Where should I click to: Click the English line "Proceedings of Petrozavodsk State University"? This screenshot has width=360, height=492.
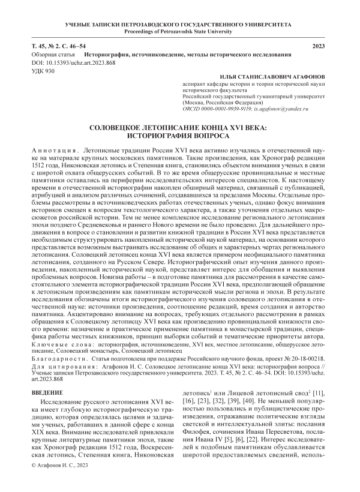point(179,31)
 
